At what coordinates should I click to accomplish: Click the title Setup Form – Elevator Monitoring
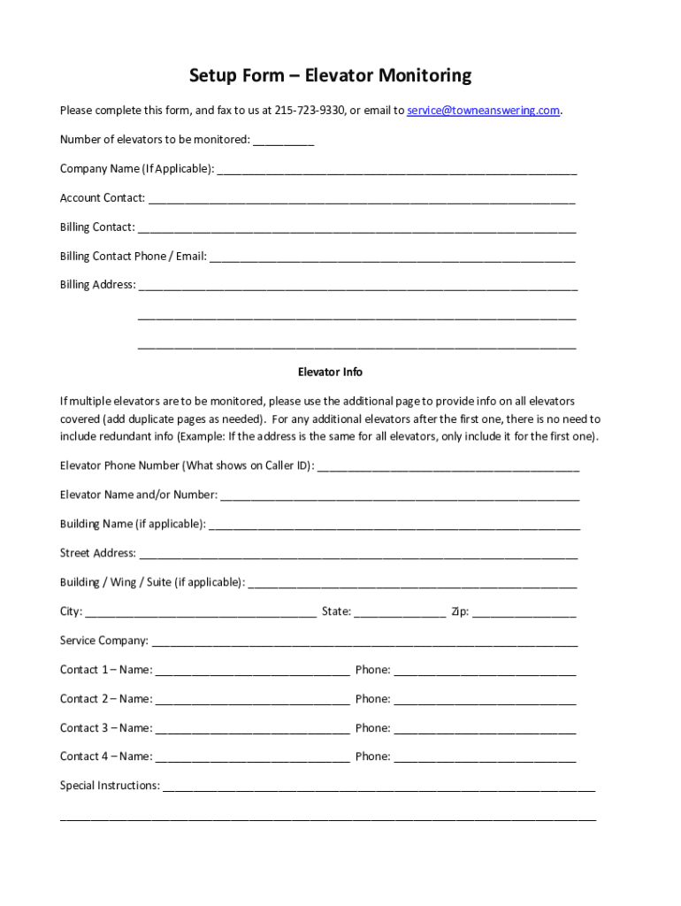[x=330, y=76]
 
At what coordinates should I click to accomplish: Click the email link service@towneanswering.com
[x=483, y=111]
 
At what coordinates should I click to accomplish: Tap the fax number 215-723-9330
[x=310, y=111]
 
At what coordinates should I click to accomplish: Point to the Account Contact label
[x=102, y=198]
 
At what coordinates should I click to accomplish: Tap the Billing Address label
[x=97, y=285]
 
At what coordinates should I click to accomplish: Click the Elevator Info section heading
[x=330, y=372]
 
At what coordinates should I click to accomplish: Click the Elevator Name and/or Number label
[x=139, y=495]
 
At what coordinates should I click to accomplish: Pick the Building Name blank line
[x=394, y=526]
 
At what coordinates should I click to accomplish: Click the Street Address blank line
[x=358, y=555]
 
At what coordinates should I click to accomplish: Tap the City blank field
[x=201, y=613]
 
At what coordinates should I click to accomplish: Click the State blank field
[x=400, y=613]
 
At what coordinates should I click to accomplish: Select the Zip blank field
[x=524, y=613]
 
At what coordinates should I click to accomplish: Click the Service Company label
[x=103, y=641]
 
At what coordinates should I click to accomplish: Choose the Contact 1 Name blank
[x=252, y=672]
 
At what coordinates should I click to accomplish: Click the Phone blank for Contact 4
[x=485, y=758]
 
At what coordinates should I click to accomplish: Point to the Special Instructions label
[x=110, y=786]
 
